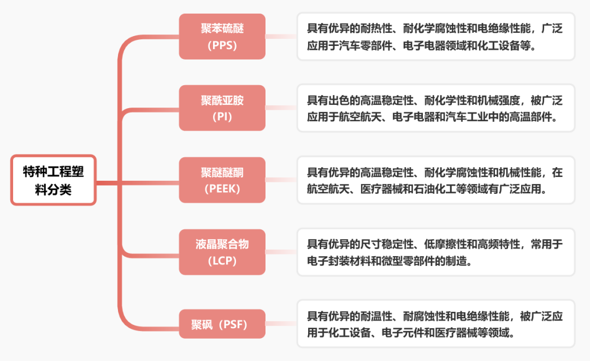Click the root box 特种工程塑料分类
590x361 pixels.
pyautogui.click(x=54, y=180)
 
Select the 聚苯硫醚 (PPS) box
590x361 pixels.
pyautogui.click(x=222, y=37)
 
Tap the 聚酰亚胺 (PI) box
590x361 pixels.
pyautogui.click(x=222, y=108)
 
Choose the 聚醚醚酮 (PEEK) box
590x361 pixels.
pyautogui.click(x=222, y=180)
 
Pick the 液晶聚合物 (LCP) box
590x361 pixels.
pyautogui.click(x=222, y=252)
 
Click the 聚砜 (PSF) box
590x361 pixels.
pyautogui.click(x=222, y=324)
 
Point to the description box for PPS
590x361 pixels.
pyautogui.click(x=435, y=37)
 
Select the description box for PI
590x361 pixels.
pyautogui.click(x=435, y=108)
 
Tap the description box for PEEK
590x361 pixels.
pyautogui.click(x=435, y=180)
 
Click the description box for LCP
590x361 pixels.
pyautogui.click(x=435, y=252)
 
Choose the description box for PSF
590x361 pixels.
pyautogui.click(x=435, y=324)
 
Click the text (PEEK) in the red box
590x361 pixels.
pyautogui.click(x=222, y=189)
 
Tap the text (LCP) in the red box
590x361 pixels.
pyautogui.click(x=222, y=261)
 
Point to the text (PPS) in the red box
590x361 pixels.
pyautogui.click(x=222, y=45)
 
